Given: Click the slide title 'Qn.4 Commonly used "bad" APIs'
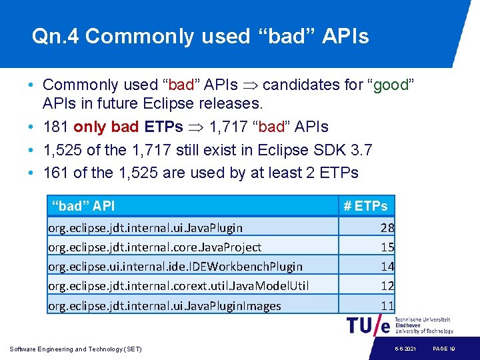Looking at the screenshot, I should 200,36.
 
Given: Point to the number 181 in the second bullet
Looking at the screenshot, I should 56,127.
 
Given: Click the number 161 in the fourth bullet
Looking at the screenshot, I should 56,173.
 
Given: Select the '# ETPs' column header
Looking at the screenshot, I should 365,206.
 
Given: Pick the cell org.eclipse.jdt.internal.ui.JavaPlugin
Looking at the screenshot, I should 145,228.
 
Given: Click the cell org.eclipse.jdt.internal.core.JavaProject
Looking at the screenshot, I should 155,247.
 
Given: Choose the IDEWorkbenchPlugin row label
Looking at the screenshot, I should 175,267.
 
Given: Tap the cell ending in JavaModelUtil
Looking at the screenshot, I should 178,286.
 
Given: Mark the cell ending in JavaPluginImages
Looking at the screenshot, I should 165,306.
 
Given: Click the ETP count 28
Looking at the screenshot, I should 387,228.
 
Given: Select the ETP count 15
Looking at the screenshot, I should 387,247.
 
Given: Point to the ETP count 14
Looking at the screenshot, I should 387,267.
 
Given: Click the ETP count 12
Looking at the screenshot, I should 387,286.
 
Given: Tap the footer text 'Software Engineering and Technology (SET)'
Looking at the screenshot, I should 75,349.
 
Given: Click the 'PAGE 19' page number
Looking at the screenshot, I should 443,349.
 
